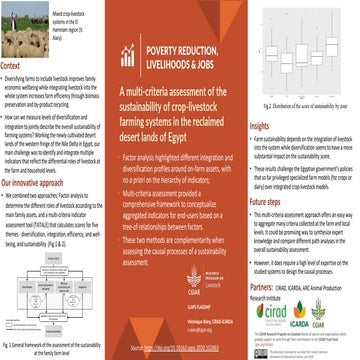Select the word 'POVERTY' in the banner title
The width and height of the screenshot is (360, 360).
[x=166, y=74]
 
